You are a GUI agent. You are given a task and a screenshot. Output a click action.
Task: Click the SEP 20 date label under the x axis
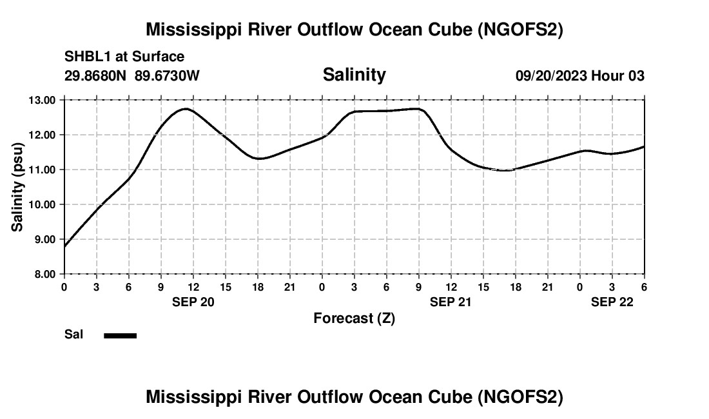[x=193, y=302]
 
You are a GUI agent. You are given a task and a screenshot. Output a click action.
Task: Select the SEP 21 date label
[x=451, y=302]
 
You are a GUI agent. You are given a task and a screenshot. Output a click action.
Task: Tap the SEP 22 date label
[x=612, y=302]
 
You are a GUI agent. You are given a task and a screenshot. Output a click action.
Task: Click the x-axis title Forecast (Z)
[x=354, y=318]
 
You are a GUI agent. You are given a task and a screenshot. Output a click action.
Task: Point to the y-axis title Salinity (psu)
[x=18, y=187]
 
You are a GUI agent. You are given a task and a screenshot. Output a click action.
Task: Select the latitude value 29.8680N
[x=97, y=75]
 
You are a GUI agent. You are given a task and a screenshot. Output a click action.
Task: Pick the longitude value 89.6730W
[x=168, y=75]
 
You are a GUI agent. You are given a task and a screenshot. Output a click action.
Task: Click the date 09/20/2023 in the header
[x=551, y=75]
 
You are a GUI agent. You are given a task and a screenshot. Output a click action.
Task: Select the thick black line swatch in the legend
[x=121, y=335]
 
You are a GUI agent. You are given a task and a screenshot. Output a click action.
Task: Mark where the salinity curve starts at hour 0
[x=64, y=246]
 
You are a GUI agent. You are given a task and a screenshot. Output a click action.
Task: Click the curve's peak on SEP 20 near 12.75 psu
[x=186, y=109]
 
